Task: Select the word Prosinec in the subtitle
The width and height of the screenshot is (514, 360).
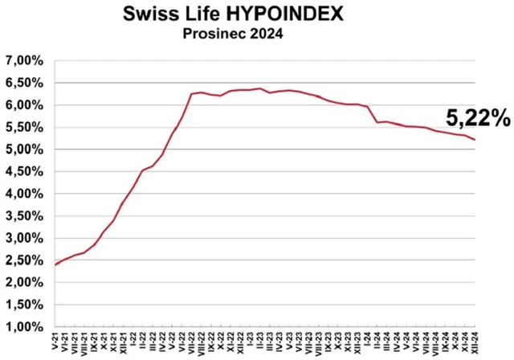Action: (x=210, y=35)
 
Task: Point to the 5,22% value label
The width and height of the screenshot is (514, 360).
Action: (x=478, y=118)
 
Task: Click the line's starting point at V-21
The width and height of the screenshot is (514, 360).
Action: (x=55, y=264)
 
